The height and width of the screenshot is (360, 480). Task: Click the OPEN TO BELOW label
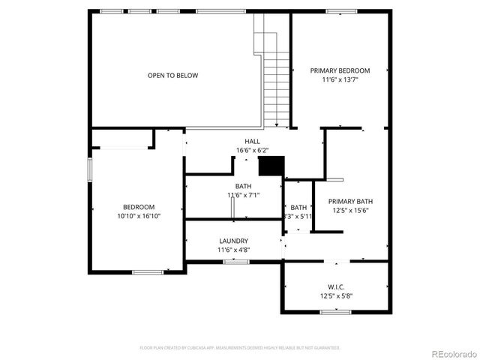[x=172, y=75]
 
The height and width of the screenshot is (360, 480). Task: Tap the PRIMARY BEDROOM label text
[x=340, y=70]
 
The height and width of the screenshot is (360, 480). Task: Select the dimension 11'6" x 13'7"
[x=340, y=79]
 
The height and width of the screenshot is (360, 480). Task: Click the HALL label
[x=252, y=142]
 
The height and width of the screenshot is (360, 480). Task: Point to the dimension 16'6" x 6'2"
[x=252, y=150]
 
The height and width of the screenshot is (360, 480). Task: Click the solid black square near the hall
[x=271, y=166]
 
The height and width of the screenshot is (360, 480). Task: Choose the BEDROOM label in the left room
[x=139, y=207]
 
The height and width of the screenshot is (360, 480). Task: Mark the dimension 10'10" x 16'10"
[x=139, y=216]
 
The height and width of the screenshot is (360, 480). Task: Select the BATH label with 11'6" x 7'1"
[x=243, y=186]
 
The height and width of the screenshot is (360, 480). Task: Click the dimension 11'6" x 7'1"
[x=243, y=195]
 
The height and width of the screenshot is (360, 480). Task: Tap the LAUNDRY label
[x=233, y=241]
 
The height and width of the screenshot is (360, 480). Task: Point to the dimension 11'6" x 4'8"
[x=233, y=250]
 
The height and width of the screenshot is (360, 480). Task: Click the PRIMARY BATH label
[x=350, y=201]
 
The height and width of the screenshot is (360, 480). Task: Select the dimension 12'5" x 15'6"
[x=350, y=210]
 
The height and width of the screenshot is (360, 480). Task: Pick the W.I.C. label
[x=335, y=286]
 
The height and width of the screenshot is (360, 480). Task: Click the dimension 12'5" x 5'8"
[x=335, y=295]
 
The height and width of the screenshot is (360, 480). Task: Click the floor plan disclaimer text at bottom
[x=240, y=348]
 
